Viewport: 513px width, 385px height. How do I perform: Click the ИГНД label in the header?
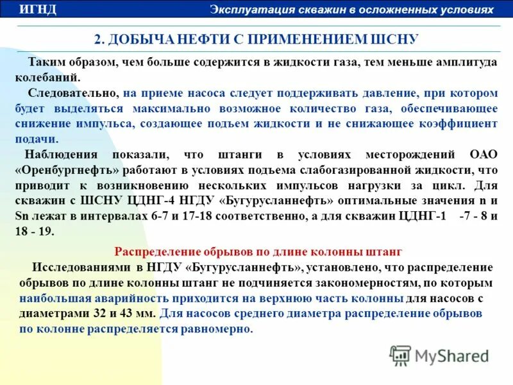[x=38, y=9]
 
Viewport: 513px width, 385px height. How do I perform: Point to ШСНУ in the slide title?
[x=395, y=39]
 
